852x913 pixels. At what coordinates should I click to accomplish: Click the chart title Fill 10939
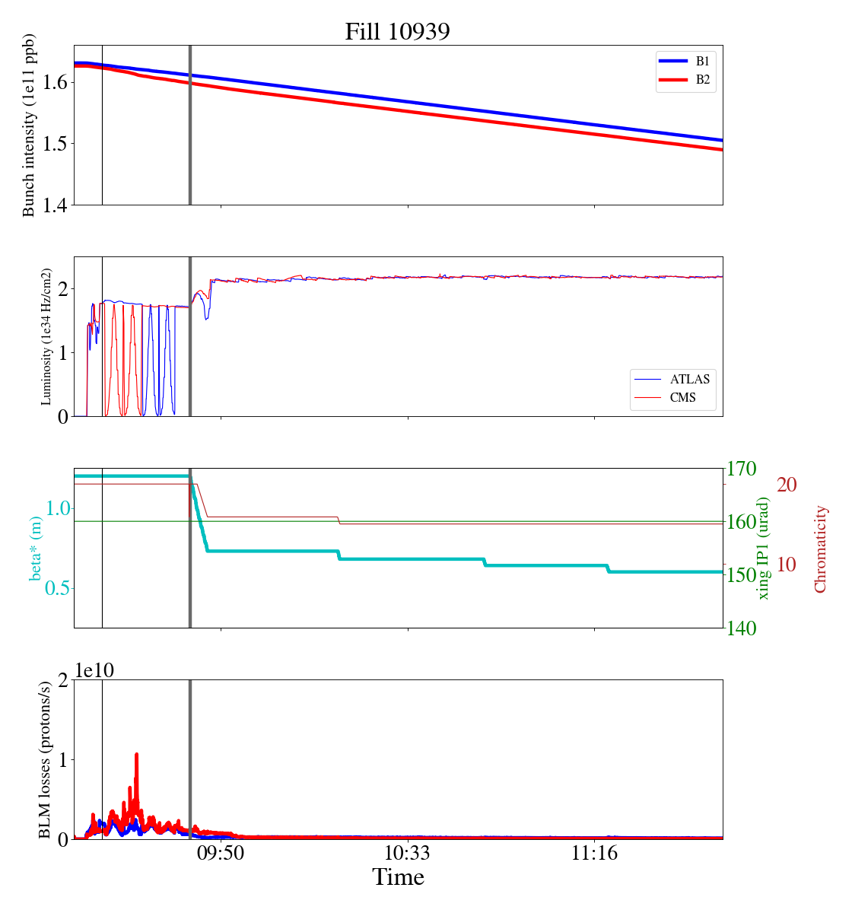[x=397, y=31]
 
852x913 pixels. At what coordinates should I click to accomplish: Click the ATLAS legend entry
[x=672, y=379]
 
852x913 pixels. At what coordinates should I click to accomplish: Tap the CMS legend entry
[x=672, y=397]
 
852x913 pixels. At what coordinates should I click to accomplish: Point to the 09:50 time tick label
[x=221, y=853]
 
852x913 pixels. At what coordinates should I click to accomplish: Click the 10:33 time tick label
[x=408, y=853]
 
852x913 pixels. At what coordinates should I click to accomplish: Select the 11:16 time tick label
[x=595, y=853]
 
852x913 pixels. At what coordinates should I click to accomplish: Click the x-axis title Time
[x=398, y=877]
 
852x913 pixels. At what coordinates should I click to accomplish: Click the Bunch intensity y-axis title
[x=29, y=125]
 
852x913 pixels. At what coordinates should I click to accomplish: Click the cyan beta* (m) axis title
[x=35, y=548]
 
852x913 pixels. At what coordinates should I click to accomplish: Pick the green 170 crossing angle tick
[x=742, y=469]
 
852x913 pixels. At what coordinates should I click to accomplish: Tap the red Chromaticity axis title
[x=820, y=549]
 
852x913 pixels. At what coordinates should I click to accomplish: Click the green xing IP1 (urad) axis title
[x=765, y=548]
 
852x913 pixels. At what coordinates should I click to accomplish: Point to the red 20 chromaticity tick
[x=787, y=484]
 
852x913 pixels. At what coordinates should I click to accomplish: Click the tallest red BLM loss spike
[x=136, y=755]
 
